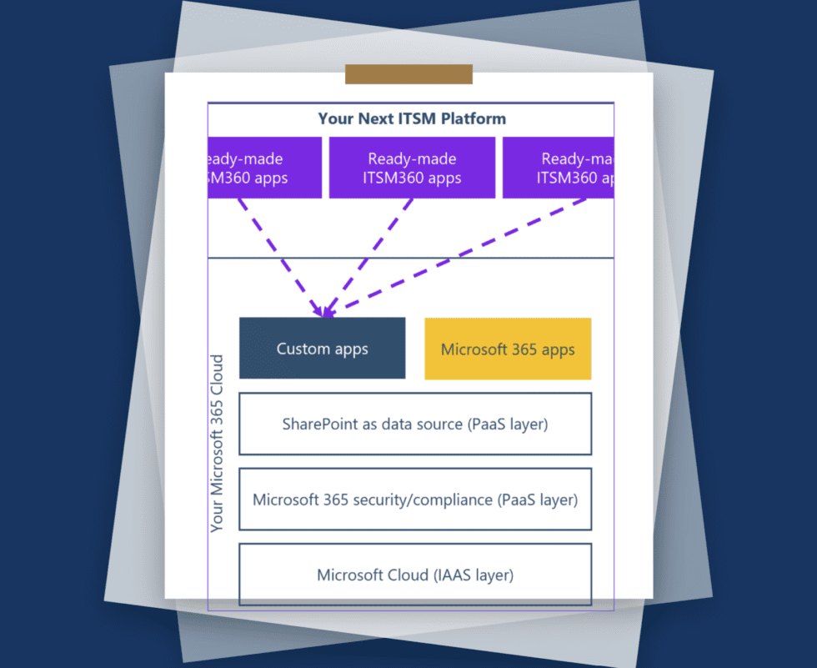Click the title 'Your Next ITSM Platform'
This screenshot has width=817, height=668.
click(411, 118)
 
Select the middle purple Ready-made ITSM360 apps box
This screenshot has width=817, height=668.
click(412, 168)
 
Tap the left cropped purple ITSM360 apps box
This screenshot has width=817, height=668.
click(264, 168)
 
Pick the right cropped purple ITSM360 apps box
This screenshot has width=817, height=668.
click(558, 168)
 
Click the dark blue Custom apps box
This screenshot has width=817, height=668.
click(322, 349)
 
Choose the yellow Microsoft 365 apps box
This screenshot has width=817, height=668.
click(508, 349)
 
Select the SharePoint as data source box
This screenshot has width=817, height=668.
click(415, 424)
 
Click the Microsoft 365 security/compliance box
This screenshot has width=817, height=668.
click(415, 500)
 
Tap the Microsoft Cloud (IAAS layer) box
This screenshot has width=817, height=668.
click(415, 575)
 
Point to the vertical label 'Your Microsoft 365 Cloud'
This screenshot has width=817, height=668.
click(218, 443)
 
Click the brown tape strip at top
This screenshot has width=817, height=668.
click(408, 74)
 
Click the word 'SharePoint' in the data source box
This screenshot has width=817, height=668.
click(318, 424)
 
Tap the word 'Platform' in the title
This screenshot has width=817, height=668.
click(474, 118)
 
